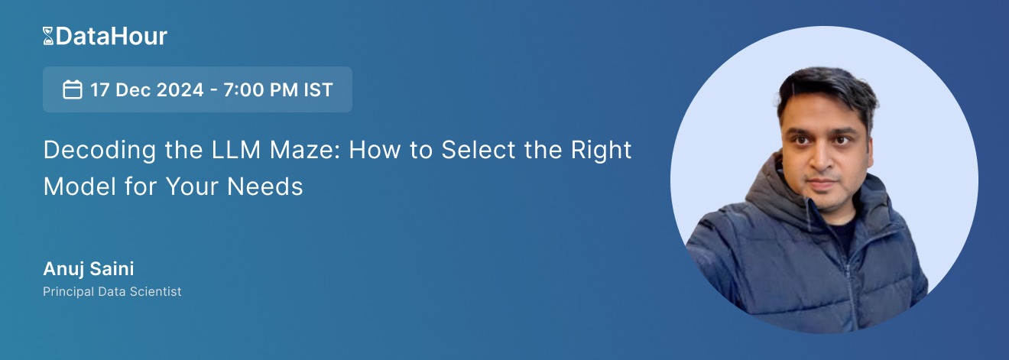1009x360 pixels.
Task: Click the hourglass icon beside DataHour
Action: tap(48, 36)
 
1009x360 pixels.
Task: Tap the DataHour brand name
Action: tap(111, 36)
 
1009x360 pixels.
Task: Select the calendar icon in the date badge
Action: tap(73, 89)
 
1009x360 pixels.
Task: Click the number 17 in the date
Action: tap(100, 89)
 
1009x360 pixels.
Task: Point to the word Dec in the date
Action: tap(131, 89)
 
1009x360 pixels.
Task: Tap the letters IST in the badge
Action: tap(317, 89)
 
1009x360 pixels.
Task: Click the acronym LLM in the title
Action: tap(225, 150)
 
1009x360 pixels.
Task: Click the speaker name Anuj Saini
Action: tap(89, 269)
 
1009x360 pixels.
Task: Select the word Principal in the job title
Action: tap(67, 292)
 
